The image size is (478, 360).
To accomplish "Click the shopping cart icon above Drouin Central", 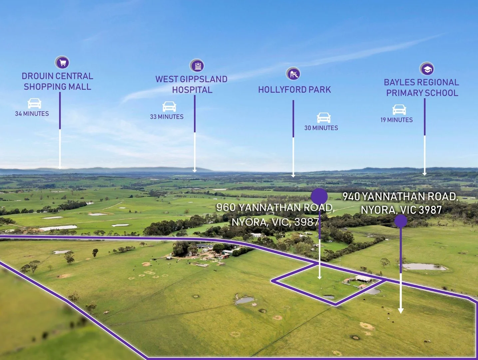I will [62, 62].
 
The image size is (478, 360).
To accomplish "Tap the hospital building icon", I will [197, 66].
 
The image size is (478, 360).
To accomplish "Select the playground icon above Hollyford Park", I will [293, 74].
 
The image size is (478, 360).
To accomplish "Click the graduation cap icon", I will [427, 69].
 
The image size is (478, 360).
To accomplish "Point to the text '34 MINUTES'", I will [32, 114].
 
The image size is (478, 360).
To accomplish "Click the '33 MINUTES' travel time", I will [167, 117].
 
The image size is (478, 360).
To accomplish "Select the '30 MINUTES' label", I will [321, 128].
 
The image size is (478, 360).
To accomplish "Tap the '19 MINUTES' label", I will [397, 120].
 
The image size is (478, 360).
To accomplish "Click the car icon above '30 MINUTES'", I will [323, 118].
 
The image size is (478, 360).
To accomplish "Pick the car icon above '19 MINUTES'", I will [399, 109].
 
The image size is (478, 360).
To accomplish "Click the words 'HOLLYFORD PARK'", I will [294, 90].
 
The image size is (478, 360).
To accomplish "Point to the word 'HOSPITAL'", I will [192, 90].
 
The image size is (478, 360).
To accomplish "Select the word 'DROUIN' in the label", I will [37, 76].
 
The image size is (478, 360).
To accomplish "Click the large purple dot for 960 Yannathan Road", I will [319, 196].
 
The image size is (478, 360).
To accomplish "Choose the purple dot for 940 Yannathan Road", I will [401, 221].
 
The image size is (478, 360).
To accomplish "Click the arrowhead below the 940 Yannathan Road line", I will [401, 311].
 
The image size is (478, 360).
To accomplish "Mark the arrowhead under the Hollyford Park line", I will [293, 175].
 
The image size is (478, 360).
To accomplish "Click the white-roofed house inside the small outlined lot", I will [364, 278].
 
